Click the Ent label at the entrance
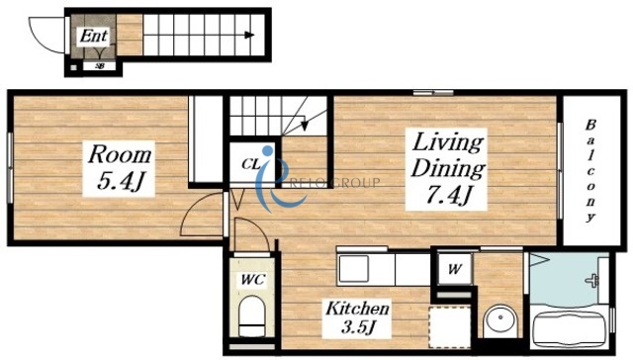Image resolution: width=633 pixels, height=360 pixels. [x=94, y=36]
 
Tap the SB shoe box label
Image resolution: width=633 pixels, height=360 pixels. [x=99, y=66]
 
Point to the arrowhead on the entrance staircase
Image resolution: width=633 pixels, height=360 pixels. [x=249, y=36]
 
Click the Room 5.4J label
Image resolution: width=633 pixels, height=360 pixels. [x=119, y=168]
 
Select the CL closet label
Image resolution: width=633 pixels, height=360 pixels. [x=250, y=164]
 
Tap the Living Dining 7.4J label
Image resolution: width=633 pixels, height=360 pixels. [x=447, y=169]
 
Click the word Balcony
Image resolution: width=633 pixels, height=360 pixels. [x=590, y=171]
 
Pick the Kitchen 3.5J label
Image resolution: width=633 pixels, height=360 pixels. [x=357, y=318]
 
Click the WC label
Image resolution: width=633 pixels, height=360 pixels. [x=253, y=279]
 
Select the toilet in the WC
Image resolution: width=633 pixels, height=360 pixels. [x=252, y=316]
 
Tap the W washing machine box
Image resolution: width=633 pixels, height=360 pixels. [x=455, y=268]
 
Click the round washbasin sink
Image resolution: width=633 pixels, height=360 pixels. [x=500, y=318]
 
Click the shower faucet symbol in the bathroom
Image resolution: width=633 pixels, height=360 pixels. [x=592, y=280]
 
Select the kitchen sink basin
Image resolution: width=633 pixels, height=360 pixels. [x=353, y=269]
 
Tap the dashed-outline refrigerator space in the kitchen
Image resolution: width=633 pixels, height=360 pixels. [x=450, y=327]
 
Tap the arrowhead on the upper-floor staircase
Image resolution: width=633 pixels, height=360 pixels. [x=305, y=124]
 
